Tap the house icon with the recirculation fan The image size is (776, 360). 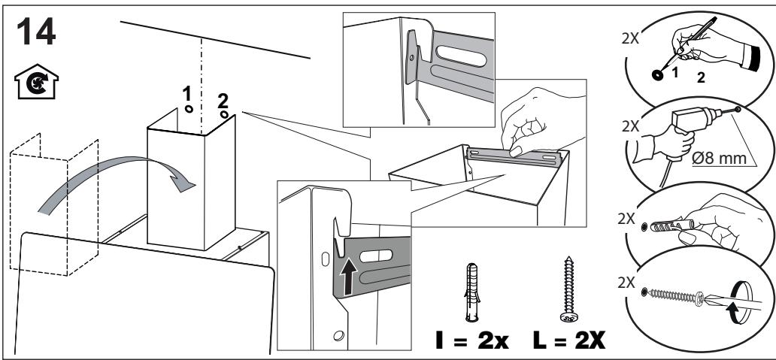pyautogui.click(x=36, y=82)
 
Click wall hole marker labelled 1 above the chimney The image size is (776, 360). pyautogui.click(x=189, y=109)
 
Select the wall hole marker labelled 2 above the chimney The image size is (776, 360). pyautogui.click(x=225, y=115)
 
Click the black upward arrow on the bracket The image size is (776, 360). pyautogui.click(x=349, y=278)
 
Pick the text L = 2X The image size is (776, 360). pyautogui.click(x=569, y=340)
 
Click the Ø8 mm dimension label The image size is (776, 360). pyautogui.click(x=719, y=159)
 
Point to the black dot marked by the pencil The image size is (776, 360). pyautogui.click(x=658, y=74)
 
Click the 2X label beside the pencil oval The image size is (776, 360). pyautogui.click(x=630, y=38)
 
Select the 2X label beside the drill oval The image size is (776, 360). pyautogui.click(x=631, y=126)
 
